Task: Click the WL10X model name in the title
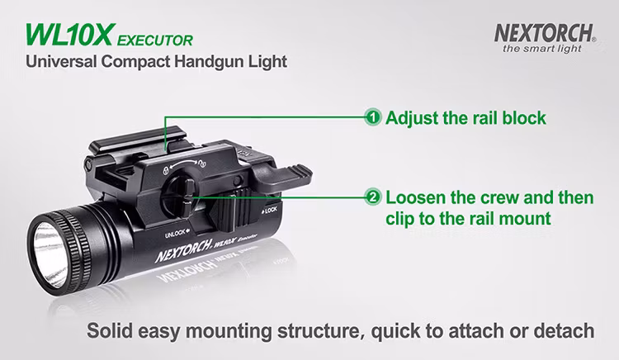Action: (70, 36)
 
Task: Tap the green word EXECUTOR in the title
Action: (155, 40)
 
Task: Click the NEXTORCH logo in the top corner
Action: (545, 33)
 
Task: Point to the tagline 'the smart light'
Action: (542, 49)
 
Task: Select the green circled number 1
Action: (373, 117)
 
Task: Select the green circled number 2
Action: (373, 197)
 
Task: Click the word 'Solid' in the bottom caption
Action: (110, 330)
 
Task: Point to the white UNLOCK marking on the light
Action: (177, 234)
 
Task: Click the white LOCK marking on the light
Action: (270, 211)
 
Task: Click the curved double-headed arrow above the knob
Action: (183, 163)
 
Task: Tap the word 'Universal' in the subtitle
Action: (60, 62)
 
